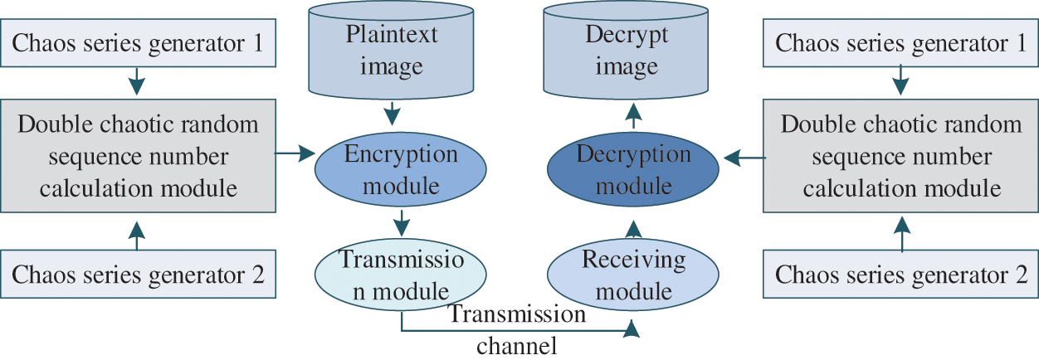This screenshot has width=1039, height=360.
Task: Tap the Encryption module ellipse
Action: [401, 169]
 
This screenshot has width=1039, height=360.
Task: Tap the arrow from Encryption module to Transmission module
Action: [402, 221]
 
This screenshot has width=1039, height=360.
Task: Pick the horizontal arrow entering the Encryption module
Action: [295, 153]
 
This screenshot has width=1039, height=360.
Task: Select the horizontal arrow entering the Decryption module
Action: [743, 155]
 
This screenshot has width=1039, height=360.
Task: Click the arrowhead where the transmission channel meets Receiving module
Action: [632, 330]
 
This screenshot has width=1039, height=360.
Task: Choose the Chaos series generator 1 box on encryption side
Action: [139, 43]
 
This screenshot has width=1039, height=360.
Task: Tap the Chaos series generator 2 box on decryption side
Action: [900, 275]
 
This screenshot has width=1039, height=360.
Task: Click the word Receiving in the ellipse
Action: [633, 260]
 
